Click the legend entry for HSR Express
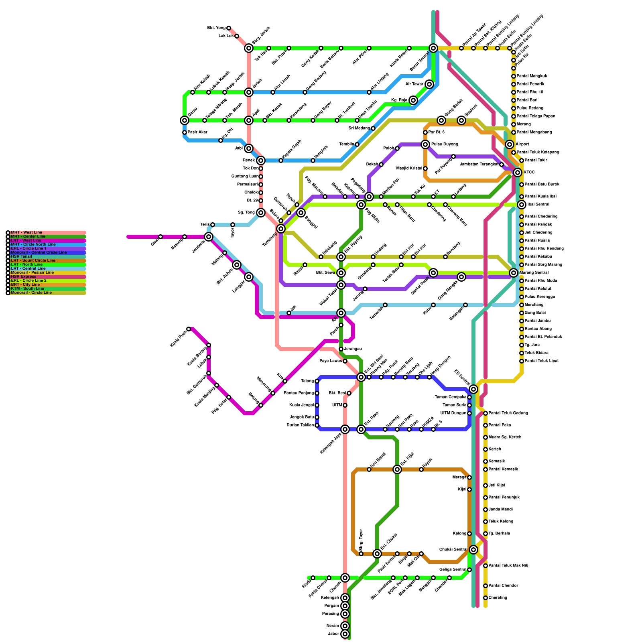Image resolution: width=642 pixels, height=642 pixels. tap(24, 276)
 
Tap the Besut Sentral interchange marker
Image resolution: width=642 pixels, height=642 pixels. tap(433, 48)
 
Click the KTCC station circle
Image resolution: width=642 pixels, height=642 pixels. tap(518, 173)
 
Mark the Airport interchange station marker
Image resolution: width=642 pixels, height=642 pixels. tap(510, 144)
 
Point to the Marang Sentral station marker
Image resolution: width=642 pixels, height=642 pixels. tap(514, 273)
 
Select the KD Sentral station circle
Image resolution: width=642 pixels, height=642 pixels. tap(473, 389)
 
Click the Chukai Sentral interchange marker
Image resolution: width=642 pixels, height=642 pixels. tap(473, 550)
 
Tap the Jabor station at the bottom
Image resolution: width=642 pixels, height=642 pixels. tap(345, 634)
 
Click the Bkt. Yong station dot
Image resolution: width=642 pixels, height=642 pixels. tap(229, 28)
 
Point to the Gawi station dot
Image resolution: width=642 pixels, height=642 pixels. tap(160, 237)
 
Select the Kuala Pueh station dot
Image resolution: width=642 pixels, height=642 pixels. tap(189, 329)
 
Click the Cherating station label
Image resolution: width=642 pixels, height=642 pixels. tap(498, 598)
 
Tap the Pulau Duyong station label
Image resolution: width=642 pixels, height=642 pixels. tap(445, 144)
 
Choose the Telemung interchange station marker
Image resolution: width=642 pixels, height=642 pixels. tap(281, 229)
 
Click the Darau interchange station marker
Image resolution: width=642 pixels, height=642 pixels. tap(185, 120)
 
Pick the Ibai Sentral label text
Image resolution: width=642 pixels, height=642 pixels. tap(538, 205)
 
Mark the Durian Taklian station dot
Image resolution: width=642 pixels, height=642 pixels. tap(317, 425)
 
